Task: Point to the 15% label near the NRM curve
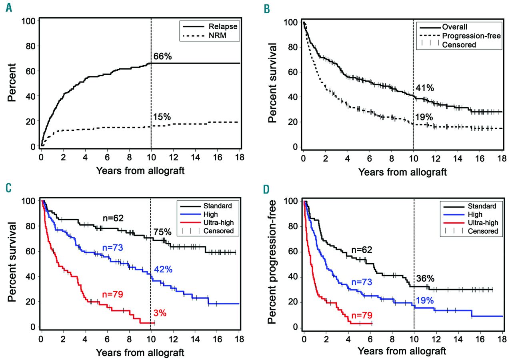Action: pos(162,117)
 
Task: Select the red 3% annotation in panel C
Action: pos(160,312)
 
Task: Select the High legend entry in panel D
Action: pos(476,214)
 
